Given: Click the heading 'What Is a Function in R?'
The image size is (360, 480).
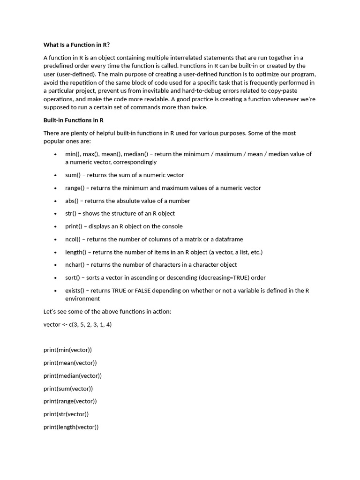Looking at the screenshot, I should coord(76,45).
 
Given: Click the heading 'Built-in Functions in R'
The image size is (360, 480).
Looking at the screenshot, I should coord(74,120).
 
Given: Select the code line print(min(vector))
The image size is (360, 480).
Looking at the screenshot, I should coord(67,350).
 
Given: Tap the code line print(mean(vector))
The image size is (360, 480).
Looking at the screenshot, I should coord(70,363).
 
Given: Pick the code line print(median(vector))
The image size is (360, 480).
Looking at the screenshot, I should coord(72,375).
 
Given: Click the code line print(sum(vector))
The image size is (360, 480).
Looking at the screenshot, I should coord(68,389).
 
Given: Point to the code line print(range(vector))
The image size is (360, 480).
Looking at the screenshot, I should coord(70,401).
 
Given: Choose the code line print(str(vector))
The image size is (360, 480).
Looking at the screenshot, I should coord(66,414).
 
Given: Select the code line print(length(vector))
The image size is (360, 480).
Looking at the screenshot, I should coord(71,427).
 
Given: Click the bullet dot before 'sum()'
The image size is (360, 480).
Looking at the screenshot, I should coord(55,175).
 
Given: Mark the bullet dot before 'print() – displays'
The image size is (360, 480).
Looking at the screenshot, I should coord(55,226).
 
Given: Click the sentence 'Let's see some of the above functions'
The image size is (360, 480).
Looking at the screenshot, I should coord(103,312).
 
